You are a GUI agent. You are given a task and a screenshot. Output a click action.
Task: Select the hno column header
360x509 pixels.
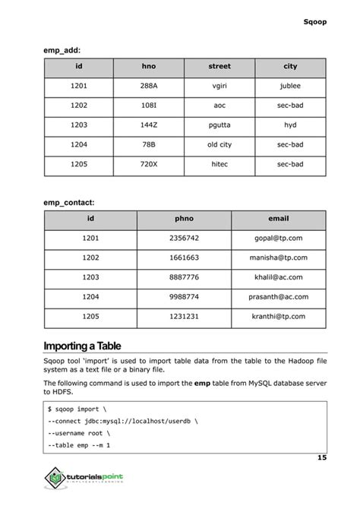[x=149, y=67]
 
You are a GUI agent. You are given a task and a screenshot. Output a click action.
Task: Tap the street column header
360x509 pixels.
[x=219, y=67]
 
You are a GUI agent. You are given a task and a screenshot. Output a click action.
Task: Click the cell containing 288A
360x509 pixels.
[x=149, y=87]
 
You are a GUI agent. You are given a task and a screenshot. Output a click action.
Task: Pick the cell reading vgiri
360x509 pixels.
[x=219, y=87]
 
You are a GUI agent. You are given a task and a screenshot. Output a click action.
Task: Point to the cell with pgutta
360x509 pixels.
[x=219, y=125]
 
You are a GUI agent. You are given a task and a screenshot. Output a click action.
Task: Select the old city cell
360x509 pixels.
[x=219, y=144]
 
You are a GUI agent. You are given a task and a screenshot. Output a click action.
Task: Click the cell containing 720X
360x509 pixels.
[x=149, y=164]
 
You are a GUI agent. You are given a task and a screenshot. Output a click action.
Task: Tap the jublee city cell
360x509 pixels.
[x=290, y=87]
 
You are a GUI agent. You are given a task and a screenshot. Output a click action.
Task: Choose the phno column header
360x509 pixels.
[x=185, y=220]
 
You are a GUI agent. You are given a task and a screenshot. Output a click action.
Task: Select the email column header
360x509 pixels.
[x=279, y=220]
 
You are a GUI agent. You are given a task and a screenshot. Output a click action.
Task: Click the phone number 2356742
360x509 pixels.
[x=185, y=239]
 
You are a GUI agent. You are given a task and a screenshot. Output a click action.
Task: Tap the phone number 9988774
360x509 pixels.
[x=185, y=297]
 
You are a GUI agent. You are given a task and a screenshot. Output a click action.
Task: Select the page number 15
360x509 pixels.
[x=321, y=458]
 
